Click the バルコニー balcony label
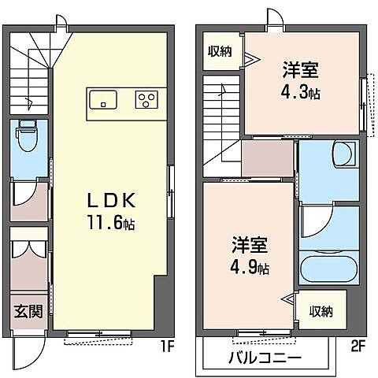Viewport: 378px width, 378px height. [265, 357]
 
